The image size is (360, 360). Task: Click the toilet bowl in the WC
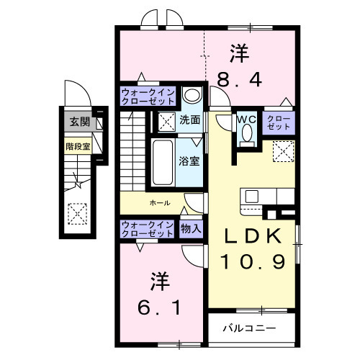click(248, 133)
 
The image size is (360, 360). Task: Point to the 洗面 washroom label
click(190, 120)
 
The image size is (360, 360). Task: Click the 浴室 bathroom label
click(190, 161)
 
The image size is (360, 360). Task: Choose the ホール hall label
click(160, 203)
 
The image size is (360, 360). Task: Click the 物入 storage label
click(191, 228)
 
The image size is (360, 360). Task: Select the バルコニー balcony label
click(249, 328)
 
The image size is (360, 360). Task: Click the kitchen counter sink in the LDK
click(251, 197)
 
